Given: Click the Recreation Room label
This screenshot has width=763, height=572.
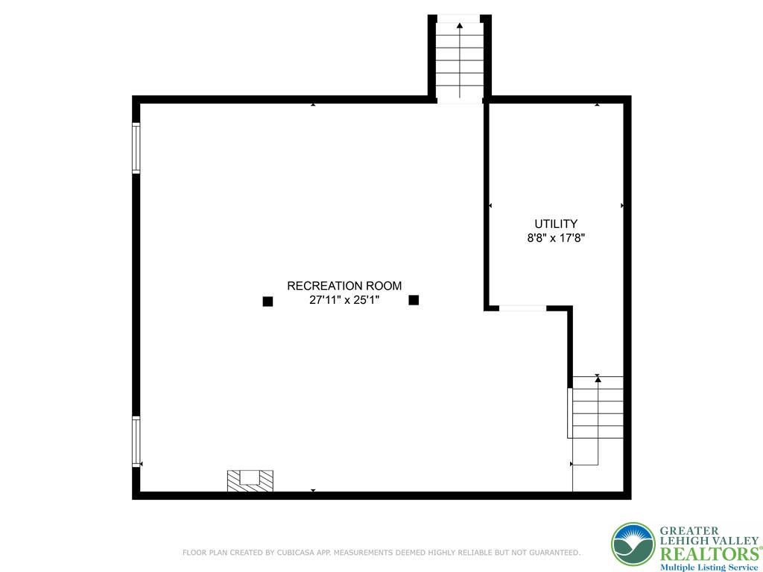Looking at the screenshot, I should [344, 285].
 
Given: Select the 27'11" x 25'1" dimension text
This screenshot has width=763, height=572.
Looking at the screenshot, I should [344, 300].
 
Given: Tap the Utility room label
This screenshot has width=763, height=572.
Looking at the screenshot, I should [556, 223].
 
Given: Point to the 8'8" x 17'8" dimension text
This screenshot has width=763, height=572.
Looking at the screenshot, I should [556, 238].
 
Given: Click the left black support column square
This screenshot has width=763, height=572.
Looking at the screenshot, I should [267, 301].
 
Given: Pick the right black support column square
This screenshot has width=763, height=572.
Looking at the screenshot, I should [414, 300].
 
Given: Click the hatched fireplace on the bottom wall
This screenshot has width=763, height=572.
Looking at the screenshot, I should [250, 480].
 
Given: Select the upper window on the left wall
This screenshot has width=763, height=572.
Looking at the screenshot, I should [136, 147].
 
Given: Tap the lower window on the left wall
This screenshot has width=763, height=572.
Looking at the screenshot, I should [136, 441].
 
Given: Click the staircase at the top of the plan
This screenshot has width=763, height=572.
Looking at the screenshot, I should [459, 60].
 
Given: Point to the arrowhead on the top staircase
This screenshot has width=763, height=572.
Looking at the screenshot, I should [459, 26].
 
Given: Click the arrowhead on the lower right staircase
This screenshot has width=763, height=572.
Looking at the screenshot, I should [598, 379].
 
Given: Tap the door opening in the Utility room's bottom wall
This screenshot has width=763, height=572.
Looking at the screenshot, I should [522, 308].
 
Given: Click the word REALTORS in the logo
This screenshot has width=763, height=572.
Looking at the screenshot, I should [707, 553].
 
